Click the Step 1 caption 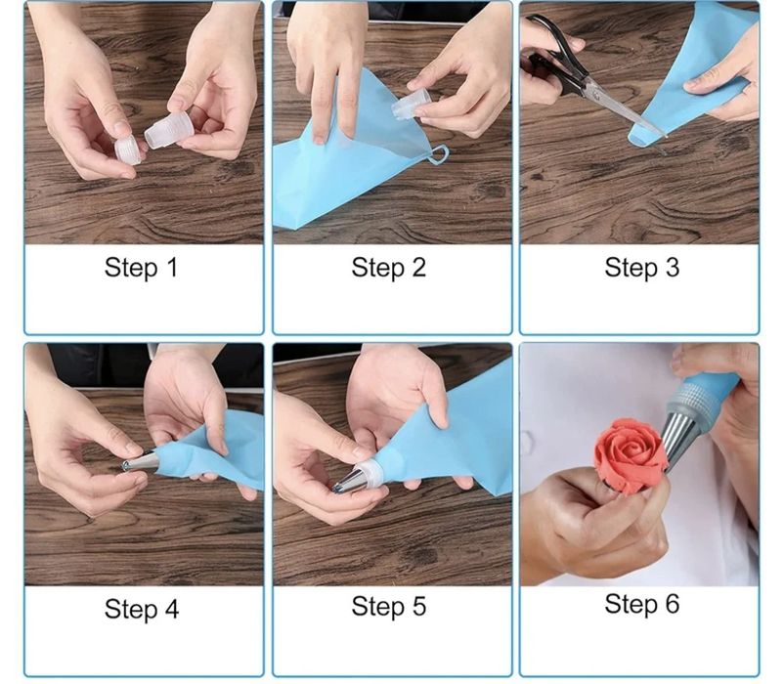141,268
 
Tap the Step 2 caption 388,268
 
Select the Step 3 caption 642,268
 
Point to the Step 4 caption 142,609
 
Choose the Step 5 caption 388,607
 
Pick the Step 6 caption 642,604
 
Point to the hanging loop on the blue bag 438,154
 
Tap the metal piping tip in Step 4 140,461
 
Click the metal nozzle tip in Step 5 349,482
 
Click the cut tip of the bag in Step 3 638,139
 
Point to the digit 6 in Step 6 672,604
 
